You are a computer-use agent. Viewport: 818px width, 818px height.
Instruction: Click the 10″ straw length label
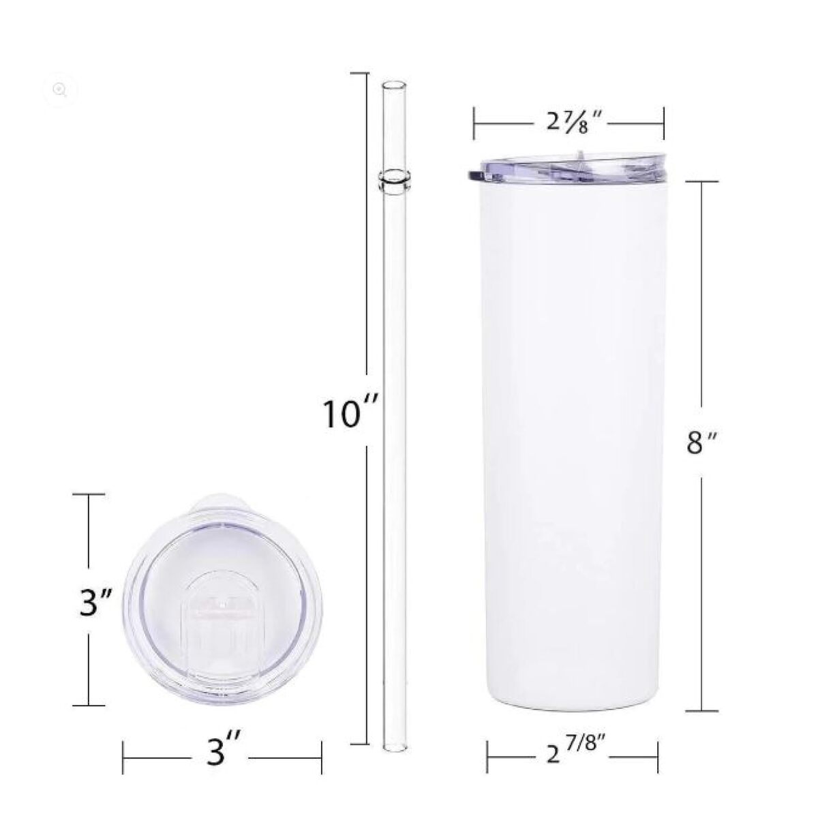(350, 414)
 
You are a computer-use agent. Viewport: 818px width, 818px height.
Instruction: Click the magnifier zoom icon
(60, 89)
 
